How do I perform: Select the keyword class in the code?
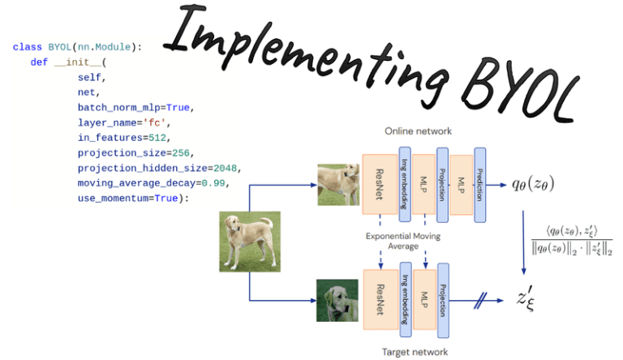click(27, 47)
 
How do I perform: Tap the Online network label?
click(418, 131)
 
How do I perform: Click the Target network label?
click(414, 352)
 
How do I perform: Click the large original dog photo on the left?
click(249, 241)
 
